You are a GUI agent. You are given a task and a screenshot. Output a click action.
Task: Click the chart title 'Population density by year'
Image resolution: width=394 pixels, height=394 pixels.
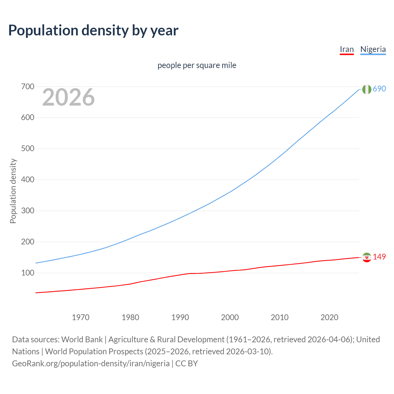[93, 30]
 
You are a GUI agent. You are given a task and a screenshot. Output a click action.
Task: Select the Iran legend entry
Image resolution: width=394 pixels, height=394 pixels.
[347, 50]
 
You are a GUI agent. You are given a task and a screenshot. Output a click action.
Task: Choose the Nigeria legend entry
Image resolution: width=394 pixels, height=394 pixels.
[373, 50]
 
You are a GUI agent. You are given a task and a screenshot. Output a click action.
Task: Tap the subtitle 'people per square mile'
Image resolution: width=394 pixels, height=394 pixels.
[197, 66]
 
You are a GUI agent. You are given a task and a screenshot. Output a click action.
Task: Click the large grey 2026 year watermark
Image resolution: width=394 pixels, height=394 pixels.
[68, 97]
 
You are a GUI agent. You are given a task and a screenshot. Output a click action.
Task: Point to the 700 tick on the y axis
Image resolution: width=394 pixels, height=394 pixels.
[27, 87]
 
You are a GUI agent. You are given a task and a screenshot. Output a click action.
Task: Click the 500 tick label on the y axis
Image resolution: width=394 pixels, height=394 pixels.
[27, 149]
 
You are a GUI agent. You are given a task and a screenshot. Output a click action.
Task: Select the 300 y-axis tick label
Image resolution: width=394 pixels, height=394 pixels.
[27, 211]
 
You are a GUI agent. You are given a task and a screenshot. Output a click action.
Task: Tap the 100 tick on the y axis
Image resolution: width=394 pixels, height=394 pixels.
[27, 273]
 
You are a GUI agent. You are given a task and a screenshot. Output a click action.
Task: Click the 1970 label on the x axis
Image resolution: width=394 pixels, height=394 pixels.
[81, 317]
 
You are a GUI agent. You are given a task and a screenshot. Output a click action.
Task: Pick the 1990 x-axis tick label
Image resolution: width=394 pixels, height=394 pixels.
[180, 317]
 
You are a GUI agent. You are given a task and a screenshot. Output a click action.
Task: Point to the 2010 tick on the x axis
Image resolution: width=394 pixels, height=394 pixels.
[279, 317]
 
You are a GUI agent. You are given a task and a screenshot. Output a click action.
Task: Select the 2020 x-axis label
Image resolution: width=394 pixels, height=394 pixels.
[329, 317]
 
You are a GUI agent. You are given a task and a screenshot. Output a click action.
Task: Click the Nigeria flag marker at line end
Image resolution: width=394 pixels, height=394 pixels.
[367, 89]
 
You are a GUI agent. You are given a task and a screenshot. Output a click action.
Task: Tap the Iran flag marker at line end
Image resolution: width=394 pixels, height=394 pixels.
[367, 257]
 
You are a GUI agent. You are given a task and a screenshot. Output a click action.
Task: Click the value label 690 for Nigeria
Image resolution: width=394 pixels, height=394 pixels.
[379, 89]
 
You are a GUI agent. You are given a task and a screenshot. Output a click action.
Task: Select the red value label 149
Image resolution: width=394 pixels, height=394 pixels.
[379, 257]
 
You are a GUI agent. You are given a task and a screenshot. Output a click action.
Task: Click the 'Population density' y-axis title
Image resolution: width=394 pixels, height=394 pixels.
[13, 191]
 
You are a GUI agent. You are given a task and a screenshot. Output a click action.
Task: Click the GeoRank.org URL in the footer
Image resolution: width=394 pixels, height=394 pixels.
[91, 364]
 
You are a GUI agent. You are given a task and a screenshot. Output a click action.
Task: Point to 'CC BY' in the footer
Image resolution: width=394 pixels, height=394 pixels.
[187, 364]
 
